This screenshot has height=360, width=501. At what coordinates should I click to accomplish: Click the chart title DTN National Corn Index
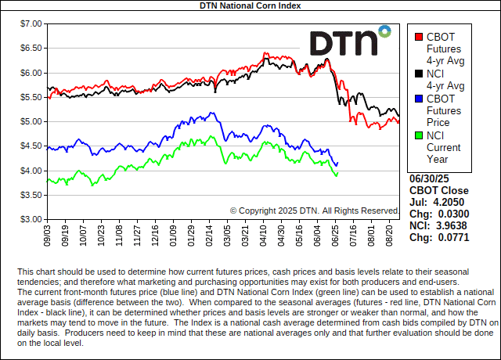point(250,5)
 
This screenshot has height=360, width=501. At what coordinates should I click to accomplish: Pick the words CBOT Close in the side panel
point(439,190)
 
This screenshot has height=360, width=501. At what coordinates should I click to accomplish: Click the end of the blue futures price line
point(337,164)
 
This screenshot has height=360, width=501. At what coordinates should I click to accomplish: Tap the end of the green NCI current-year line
point(337,175)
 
